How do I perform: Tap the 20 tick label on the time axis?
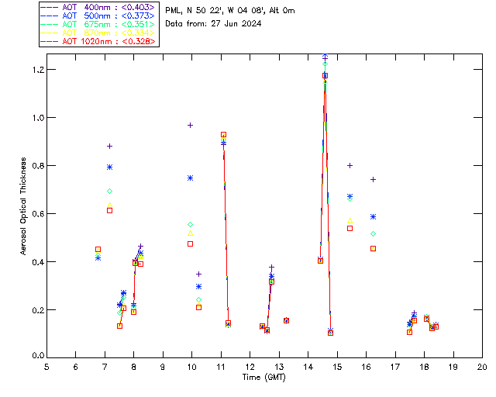[x=482, y=367]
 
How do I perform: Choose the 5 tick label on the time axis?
[x=46, y=367]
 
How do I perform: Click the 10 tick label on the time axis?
[x=191, y=367]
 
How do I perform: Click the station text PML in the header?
[x=174, y=10]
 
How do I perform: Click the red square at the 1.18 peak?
[x=325, y=75]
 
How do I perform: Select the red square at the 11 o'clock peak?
[x=223, y=135]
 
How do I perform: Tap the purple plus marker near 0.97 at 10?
[x=190, y=125]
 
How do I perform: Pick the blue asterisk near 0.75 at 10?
[x=190, y=178]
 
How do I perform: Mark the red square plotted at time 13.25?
[x=286, y=320]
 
